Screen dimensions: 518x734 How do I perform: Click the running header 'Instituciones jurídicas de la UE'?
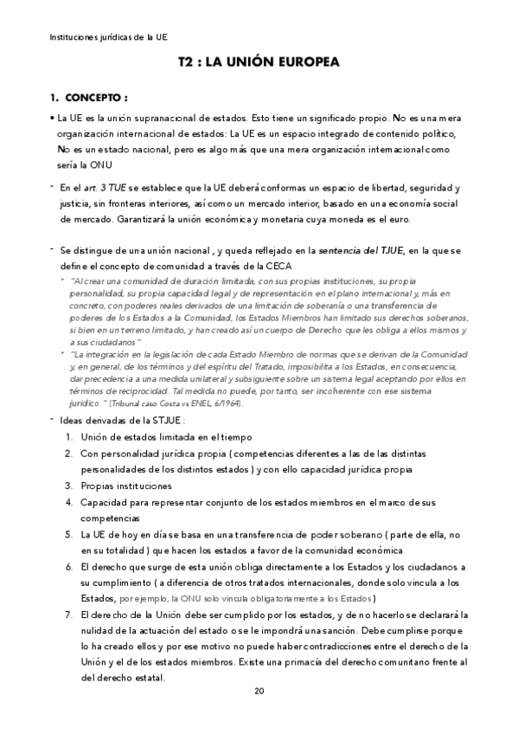[108, 37]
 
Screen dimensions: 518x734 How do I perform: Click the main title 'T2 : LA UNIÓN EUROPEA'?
[258, 62]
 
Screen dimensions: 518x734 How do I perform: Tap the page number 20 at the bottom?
[259, 691]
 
